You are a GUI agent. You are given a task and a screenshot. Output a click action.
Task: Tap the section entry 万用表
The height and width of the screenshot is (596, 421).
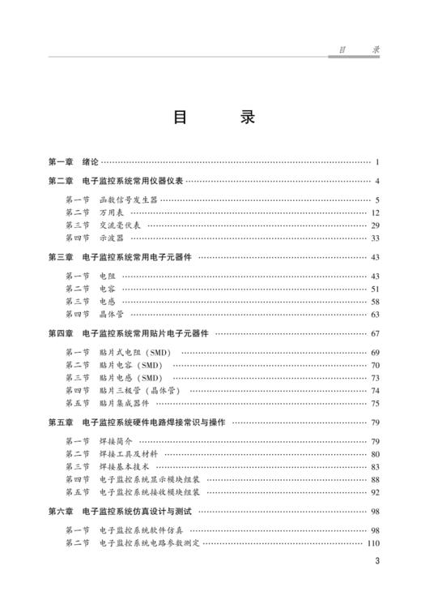click(x=111, y=212)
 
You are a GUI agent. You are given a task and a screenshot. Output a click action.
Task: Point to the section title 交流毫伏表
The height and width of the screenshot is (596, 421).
click(x=119, y=225)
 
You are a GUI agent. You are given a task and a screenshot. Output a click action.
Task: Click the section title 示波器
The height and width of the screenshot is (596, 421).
click(x=111, y=238)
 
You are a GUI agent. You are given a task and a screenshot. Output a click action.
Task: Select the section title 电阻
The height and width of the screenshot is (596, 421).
click(x=107, y=277)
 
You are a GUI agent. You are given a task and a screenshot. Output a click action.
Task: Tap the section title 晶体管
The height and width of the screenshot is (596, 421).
click(x=111, y=314)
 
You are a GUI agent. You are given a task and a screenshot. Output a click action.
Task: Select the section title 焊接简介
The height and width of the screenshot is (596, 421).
click(x=116, y=441)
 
